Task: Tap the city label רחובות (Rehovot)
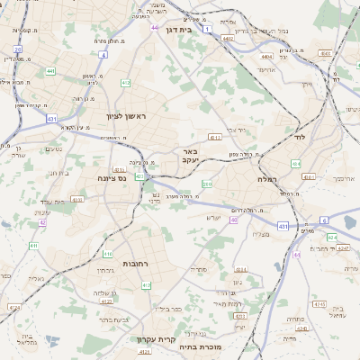(135, 263)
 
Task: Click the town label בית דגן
(181, 29)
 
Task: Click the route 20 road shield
(17, 50)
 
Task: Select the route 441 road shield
(50, 70)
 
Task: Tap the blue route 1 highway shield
(209, 30)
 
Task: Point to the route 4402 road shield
(229, 40)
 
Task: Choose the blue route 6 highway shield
(323, 220)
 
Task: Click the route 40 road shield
(233, 220)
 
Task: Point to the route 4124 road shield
(13, 307)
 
